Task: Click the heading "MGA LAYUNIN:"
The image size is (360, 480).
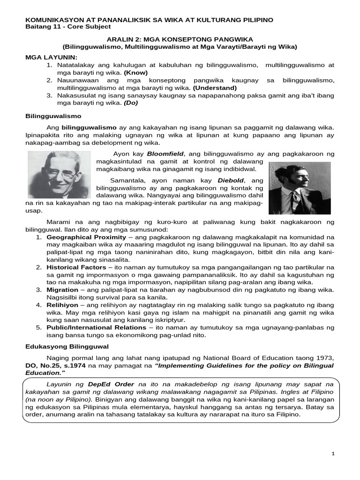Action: [47, 57]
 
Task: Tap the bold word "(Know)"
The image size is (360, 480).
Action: [135, 73]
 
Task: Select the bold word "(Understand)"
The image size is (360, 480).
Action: [215, 88]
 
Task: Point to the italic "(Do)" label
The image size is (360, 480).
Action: [131, 103]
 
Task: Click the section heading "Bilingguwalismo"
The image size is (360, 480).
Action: [53, 115]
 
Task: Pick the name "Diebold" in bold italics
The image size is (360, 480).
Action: [232, 180]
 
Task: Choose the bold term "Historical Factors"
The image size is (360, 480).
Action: [76, 267]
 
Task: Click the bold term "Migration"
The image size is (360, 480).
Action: [63, 290]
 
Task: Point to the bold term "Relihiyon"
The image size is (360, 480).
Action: [63, 305]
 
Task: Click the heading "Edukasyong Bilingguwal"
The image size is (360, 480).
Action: [67, 346]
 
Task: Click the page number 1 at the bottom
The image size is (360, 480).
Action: [333, 454]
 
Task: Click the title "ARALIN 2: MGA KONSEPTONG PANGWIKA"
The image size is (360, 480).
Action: [180, 40]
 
